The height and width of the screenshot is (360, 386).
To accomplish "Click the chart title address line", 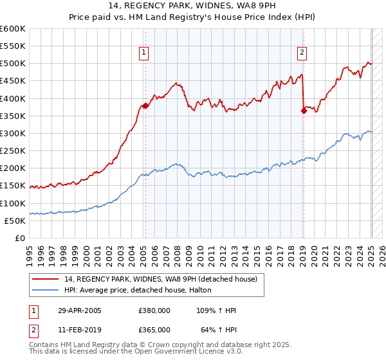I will click(192, 7).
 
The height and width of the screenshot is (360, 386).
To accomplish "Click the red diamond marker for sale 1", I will click(145, 106).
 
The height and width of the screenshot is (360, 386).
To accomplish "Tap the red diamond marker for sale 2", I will click(304, 111).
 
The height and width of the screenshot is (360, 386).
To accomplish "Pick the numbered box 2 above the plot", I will click(302, 53).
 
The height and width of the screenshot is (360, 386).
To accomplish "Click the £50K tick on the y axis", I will click(15, 221).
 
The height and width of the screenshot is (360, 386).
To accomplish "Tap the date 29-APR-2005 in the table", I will click(78, 310).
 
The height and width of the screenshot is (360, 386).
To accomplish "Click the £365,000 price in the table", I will click(154, 329).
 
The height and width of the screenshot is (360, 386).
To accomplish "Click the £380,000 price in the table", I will click(154, 310).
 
